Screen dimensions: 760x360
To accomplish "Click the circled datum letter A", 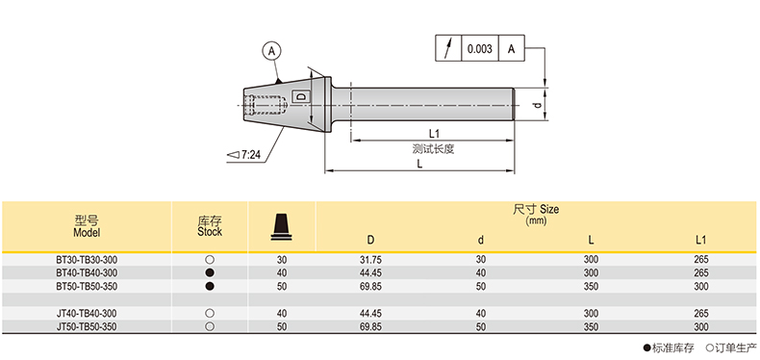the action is click(x=273, y=50).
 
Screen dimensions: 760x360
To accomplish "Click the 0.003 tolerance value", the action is click(x=479, y=48).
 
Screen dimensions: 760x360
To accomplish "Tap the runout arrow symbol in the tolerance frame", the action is click(x=449, y=48).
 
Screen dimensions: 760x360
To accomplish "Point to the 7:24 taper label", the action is click(x=245, y=155).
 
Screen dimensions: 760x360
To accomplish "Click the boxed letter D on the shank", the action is click(x=301, y=97).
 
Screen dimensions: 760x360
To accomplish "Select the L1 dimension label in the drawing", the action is click(x=434, y=134).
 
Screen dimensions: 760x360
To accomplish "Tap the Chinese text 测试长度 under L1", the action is click(x=433, y=149).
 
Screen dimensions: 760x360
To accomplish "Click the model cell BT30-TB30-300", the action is click(x=87, y=260).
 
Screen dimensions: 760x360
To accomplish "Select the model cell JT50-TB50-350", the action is click(x=87, y=326).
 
